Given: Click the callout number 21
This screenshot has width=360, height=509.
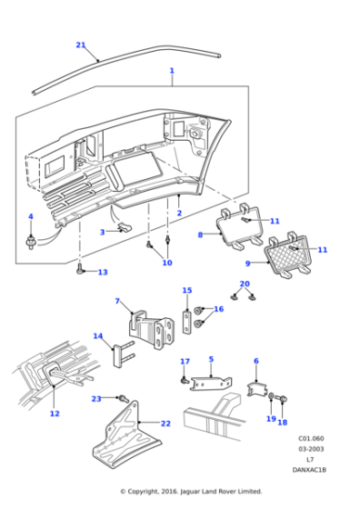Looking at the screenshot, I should (80, 45).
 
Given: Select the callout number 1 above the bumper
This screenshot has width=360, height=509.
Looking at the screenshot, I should (171, 70).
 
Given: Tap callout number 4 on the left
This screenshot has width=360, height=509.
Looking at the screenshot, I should (30, 216).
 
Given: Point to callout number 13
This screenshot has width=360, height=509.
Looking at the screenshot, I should (103, 272).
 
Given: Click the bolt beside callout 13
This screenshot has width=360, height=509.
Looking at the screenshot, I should (82, 270).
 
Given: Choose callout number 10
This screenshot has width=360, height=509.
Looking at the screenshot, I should (166, 263).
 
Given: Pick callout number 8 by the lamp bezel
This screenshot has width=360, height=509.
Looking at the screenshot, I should (201, 235).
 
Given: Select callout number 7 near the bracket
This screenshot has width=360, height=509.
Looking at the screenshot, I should (117, 301).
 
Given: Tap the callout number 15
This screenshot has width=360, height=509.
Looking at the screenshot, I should (187, 291).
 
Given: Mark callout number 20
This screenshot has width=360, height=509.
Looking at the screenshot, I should (244, 284).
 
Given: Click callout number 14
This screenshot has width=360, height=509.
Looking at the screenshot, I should (98, 335).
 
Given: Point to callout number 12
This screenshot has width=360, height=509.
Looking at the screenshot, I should (55, 414).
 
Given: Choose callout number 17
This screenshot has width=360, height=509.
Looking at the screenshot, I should (185, 362).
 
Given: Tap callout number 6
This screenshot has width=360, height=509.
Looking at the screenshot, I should (255, 361).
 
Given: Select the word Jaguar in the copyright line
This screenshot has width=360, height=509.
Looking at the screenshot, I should (194, 491).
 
